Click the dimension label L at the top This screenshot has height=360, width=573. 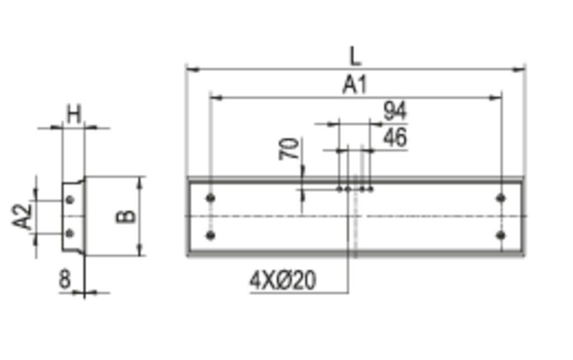point(355,56)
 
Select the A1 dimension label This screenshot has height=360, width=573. point(355,85)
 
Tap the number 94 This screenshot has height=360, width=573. point(395,111)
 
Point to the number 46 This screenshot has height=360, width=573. point(395,138)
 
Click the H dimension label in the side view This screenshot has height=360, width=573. point(73,114)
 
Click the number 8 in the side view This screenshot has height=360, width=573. point(65,279)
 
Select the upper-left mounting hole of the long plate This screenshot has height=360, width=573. point(210,198)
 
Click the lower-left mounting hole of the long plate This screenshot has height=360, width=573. point(210,236)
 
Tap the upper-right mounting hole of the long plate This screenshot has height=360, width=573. point(501,198)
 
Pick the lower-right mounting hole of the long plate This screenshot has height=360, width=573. point(501,235)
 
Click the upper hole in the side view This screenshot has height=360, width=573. point(70,199)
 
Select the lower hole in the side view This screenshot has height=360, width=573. point(70,233)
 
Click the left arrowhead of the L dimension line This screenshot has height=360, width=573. point(191,69)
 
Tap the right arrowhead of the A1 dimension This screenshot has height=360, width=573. point(496,98)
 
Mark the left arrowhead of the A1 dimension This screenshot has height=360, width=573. point(215,98)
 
